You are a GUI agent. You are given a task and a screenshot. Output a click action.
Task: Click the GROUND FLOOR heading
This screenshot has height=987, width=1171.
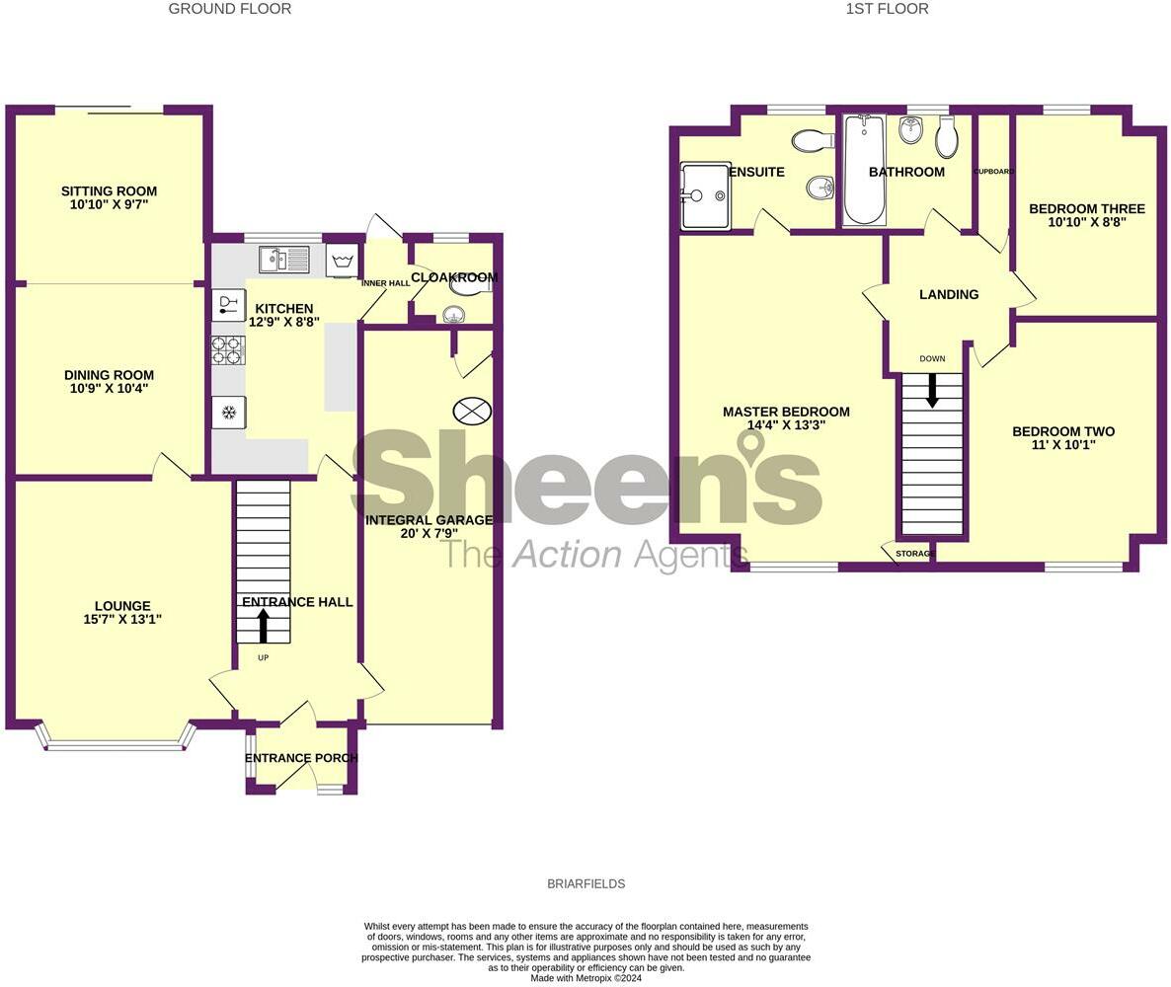point(229,9)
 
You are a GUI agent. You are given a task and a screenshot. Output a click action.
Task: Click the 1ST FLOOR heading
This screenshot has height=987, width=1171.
point(887,9)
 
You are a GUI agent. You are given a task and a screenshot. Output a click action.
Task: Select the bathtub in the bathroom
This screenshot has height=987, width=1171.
point(865,170)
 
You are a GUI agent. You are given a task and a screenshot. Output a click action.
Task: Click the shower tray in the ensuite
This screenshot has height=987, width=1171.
point(705,194)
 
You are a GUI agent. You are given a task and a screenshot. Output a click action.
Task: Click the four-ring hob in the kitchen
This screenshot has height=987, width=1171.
point(228,350)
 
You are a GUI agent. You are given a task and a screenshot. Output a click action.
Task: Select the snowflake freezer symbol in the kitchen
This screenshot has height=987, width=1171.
point(228,412)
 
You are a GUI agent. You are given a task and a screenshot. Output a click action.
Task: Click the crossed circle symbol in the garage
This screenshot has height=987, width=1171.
point(472,411)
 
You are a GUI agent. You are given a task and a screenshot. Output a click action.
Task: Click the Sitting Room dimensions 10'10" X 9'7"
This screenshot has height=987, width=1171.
point(109,204)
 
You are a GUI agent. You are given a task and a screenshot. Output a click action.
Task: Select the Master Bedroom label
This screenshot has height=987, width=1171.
point(786,412)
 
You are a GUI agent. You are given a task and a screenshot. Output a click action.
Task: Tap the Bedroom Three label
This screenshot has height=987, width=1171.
point(1086,209)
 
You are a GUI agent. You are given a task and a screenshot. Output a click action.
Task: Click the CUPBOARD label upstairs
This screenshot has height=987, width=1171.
point(993,172)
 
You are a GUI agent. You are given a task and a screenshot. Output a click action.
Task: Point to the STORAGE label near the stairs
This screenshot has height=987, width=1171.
point(914,554)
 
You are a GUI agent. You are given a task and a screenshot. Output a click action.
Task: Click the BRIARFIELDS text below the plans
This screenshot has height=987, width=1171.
point(585,884)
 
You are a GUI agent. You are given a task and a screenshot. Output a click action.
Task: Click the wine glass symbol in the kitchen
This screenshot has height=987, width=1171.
point(228,304)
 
